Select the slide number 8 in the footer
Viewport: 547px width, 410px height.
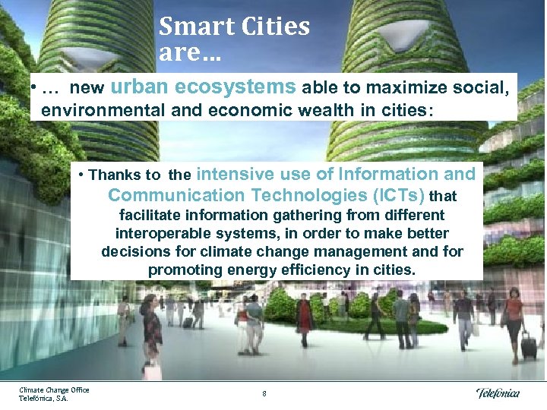pyautogui.click(x=264, y=393)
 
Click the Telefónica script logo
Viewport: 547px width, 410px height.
pyautogui.click(x=498, y=393)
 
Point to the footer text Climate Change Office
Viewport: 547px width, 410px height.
pyautogui.click(x=54, y=389)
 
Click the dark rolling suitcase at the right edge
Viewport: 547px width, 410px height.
pyautogui.click(x=529, y=346)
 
